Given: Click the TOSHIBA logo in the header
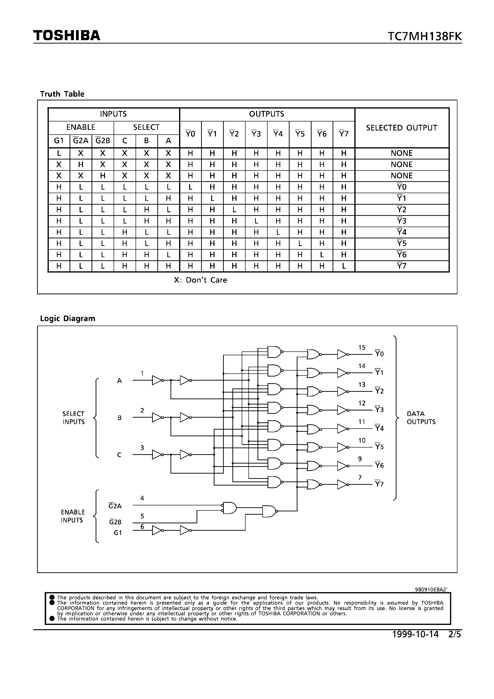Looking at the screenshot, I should tap(67, 36).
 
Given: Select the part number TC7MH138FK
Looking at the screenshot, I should tap(425, 37).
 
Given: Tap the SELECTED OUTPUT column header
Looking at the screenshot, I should tap(401, 128).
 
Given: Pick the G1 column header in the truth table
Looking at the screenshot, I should tap(59, 141).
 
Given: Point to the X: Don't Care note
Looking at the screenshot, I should tap(200, 280).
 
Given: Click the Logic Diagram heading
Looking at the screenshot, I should tap(68, 318).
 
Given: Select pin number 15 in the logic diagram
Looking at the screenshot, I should tap(362, 348).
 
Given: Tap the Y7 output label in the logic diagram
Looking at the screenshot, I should tap(379, 484).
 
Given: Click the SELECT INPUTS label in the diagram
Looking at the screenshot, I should tap(73, 418).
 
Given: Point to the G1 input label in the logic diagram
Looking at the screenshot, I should tap(118, 533).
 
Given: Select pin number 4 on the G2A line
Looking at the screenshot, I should tap(142, 498).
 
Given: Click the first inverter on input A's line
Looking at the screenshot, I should tap(157, 380).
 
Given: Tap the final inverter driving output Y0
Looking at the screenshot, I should tap(342, 354).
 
